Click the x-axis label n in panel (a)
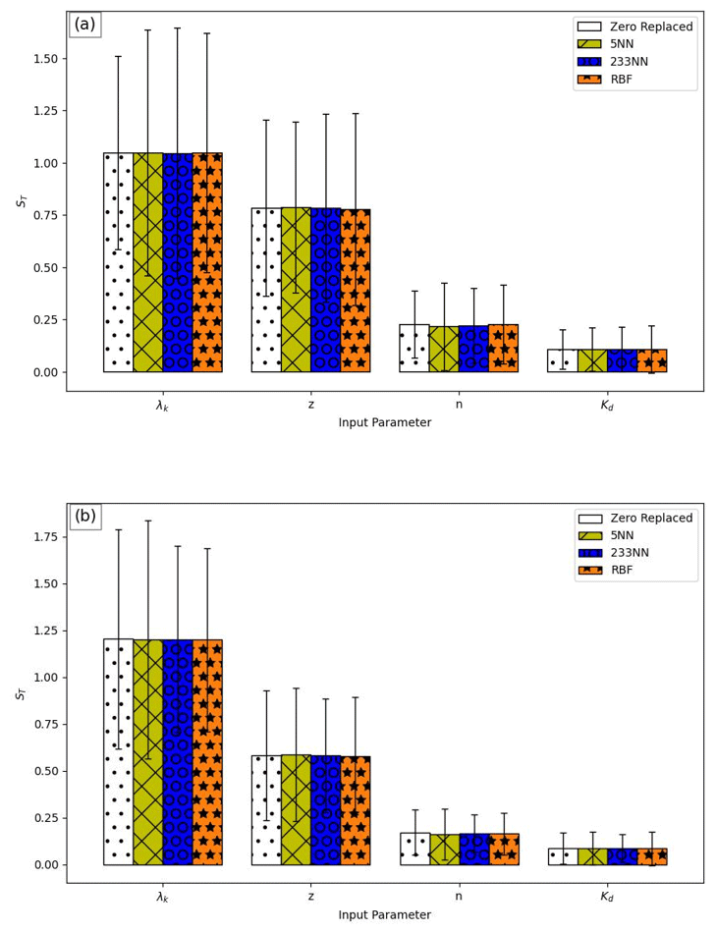pyautogui.click(x=459, y=405)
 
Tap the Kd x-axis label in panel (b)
pyautogui.click(x=607, y=897)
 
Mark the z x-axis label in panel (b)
pyautogui.click(x=310, y=897)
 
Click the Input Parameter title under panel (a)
pyautogui.click(x=384, y=423)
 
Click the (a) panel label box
pyautogui.click(x=85, y=25)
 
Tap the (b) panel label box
pyautogui.click(x=85, y=517)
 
